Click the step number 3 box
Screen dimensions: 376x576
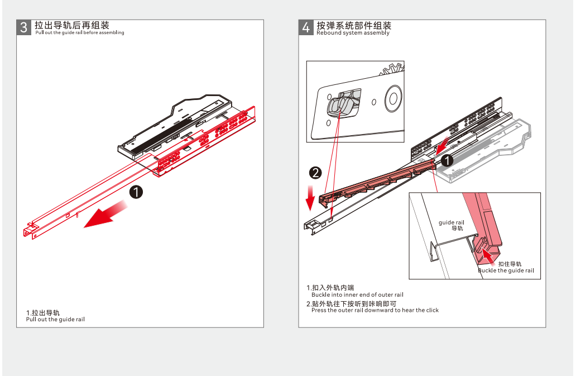click(24, 27)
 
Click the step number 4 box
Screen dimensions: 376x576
click(306, 27)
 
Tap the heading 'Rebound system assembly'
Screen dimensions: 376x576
click(353, 33)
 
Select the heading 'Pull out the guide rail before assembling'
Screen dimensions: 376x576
click(79, 33)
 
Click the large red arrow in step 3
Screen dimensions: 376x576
click(106, 216)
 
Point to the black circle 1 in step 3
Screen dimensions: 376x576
click(136, 192)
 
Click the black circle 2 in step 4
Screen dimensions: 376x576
click(315, 173)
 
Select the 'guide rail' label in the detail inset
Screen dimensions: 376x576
click(451, 222)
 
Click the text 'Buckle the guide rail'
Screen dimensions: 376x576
click(506, 270)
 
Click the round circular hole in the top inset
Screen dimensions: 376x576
click(393, 97)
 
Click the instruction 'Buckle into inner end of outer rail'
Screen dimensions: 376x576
click(357, 294)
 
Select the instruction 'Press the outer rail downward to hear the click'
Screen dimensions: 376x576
click(375, 310)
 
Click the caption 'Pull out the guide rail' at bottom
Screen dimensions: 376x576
click(55, 320)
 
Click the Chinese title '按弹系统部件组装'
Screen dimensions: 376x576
click(354, 26)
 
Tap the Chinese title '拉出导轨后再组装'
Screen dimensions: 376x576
click(71, 26)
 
